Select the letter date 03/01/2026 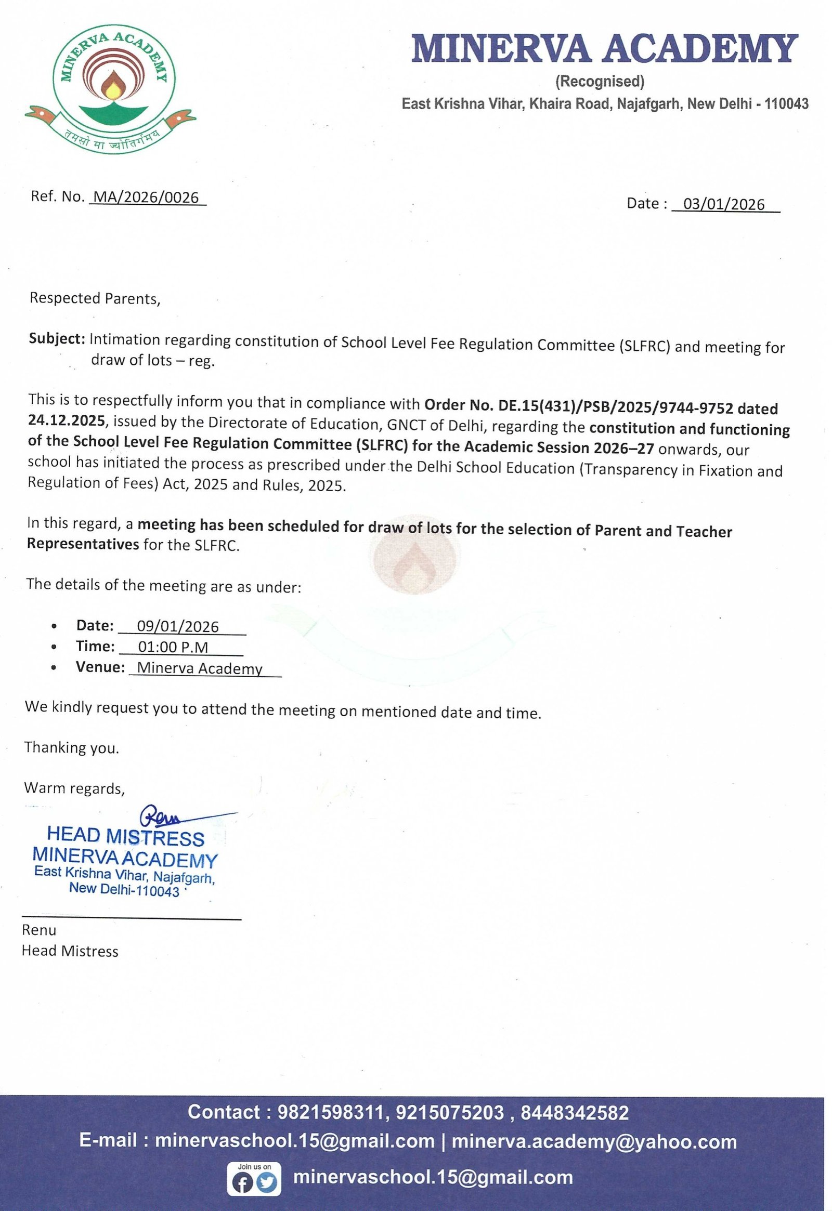click(x=723, y=204)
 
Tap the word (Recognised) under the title click(x=600, y=81)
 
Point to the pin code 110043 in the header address click(x=786, y=104)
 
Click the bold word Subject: click(x=57, y=339)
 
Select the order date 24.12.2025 click(x=66, y=420)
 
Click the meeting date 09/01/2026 click(x=178, y=626)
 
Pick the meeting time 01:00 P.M click(x=173, y=647)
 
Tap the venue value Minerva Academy click(x=200, y=668)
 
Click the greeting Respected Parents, click(x=95, y=298)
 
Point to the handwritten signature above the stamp click(x=162, y=816)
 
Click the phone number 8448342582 click(x=575, y=1113)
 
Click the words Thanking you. click(x=72, y=748)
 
